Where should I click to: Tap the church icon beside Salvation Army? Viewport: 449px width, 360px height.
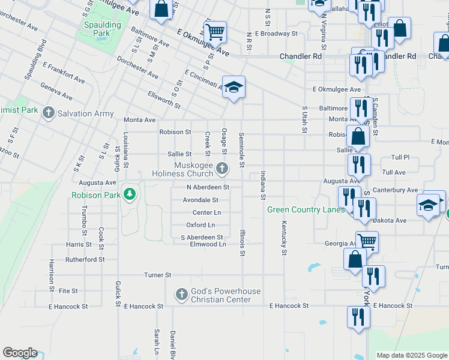(48, 113)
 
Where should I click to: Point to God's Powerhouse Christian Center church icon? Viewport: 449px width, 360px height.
(181, 295)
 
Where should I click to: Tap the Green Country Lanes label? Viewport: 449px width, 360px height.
(306, 209)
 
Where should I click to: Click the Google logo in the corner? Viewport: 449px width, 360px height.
(20, 353)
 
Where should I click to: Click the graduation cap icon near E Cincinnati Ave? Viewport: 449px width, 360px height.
(234, 86)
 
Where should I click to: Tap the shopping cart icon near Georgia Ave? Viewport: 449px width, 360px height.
(367, 241)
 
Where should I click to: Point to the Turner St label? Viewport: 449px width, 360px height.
(158, 275)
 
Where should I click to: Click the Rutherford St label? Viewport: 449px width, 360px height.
(85, 260)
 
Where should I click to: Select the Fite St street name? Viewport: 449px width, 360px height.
(68, 291)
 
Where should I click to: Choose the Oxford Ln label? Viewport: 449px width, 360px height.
(200, 225)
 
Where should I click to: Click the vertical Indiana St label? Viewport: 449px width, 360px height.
(263, 185)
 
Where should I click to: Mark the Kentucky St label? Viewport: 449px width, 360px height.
(283, 238)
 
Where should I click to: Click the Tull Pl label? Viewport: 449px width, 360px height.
(400, 157)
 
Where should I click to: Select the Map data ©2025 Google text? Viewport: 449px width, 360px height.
(411, 355)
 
